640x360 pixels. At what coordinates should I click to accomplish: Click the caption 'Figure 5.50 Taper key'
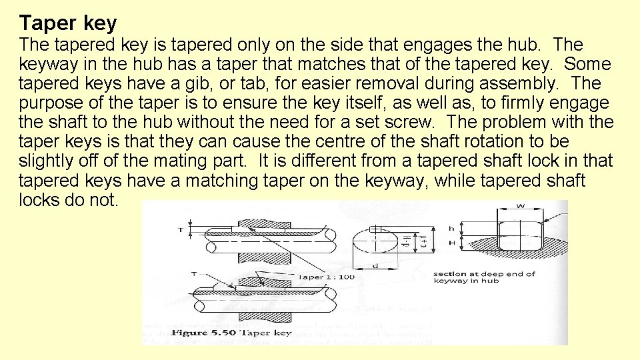click(231, 332)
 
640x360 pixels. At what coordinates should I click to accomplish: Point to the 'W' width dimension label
click(520, 206)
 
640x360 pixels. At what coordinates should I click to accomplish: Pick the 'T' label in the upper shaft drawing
click(180, 230)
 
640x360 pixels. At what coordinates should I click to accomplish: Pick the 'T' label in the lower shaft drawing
click(193, 273)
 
